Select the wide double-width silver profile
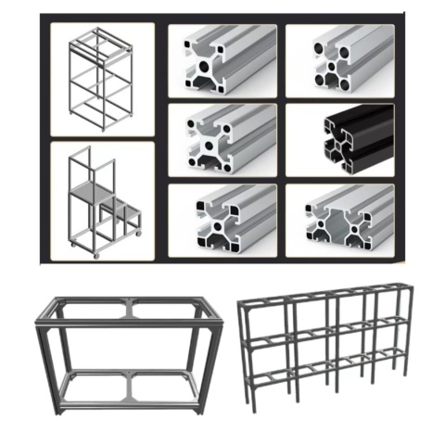(339, 219)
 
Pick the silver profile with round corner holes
(339, 59)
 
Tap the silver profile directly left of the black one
(221, 139)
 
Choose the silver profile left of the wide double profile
(221, 219)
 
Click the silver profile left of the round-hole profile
(221, 59)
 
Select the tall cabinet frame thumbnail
(99, 76)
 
